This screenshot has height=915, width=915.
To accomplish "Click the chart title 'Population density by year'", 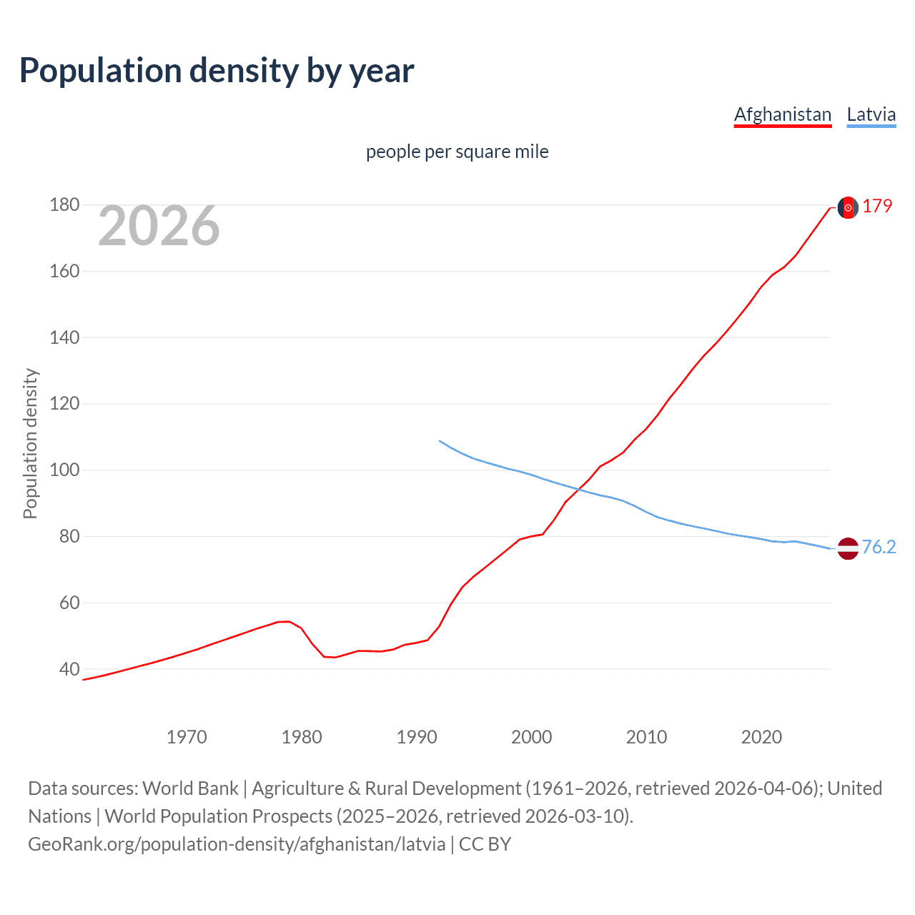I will click(217, 71).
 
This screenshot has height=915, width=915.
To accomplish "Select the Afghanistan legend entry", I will click(783, 114).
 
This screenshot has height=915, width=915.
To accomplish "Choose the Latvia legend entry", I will click(871, 114).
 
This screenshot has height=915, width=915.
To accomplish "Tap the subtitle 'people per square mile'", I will click(457, 152).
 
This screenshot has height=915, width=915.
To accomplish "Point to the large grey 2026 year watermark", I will click(159, 226).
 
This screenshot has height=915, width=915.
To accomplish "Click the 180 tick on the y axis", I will click(64, 205).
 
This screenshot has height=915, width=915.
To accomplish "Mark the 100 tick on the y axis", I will click(64, 470).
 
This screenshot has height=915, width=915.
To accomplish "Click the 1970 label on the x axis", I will click(187, 737).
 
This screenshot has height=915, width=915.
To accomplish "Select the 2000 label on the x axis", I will click(531, 737).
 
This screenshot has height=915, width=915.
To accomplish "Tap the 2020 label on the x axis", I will click(761, 737).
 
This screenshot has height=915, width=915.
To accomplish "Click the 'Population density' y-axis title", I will click(30, 443).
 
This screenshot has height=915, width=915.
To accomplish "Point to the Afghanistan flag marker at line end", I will click(848, 207).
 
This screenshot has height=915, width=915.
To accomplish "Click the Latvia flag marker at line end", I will click(848, 549).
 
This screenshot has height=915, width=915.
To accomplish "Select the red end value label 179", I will click(877, 206).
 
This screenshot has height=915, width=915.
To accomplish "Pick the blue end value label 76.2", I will click(879, 547).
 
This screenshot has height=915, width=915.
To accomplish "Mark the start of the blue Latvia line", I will click(439, 441).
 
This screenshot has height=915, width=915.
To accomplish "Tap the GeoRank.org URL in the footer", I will click(236, 844).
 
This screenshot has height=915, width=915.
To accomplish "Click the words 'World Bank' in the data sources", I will click(190, 788).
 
